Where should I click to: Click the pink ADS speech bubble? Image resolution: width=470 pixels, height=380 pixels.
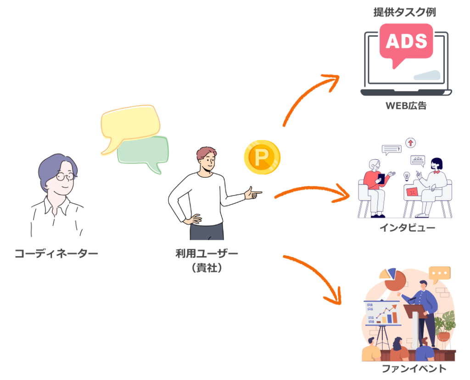click(x=406, y=42)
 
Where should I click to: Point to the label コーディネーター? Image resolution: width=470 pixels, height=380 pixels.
click(x=56, y=253)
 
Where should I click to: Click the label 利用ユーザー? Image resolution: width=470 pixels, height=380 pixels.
click(x=207, y=253)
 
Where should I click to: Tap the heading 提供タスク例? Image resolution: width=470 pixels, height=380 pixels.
click(x=404, y=12)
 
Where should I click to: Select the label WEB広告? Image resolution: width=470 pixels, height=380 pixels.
click(x=406, y=106)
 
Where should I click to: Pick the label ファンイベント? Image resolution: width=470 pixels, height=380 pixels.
click(x=414, y=368)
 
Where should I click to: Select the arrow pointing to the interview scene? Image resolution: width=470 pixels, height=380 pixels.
click(x=312, y=190)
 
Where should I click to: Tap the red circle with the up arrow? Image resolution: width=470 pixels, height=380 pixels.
click(x=410, y=143)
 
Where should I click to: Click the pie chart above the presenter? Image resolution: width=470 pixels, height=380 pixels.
click(x=393, y=278)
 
